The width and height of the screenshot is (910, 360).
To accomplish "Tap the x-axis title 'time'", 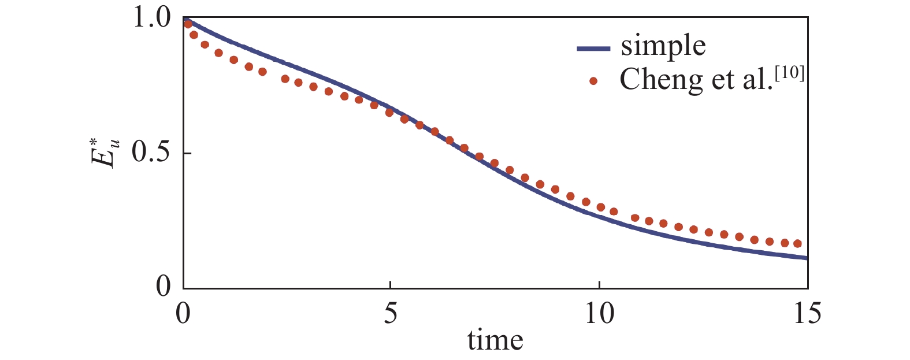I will [495, 340].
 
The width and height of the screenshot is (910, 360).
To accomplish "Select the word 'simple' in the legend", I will [663, 46].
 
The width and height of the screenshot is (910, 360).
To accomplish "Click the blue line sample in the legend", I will [593, 49].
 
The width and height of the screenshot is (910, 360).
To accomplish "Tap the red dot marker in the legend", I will [593, 81].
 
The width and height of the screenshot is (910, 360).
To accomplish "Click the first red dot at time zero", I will [187, 24].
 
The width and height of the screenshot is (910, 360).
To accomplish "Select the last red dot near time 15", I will [798, 244].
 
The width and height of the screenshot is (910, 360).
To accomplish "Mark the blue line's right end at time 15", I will [807, 258].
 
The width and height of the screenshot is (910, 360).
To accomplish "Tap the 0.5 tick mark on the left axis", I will [187, 153].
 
